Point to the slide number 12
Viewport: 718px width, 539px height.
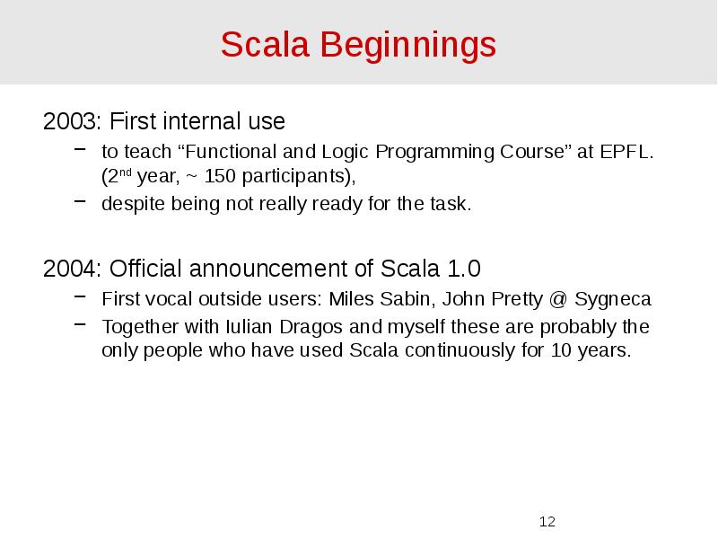point(547,522)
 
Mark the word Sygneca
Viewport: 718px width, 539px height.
point(613,299)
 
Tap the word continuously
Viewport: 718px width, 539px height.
point(460,350)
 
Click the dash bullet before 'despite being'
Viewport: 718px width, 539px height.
point(80,203)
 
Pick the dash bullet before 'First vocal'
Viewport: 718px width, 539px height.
point(80,298)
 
